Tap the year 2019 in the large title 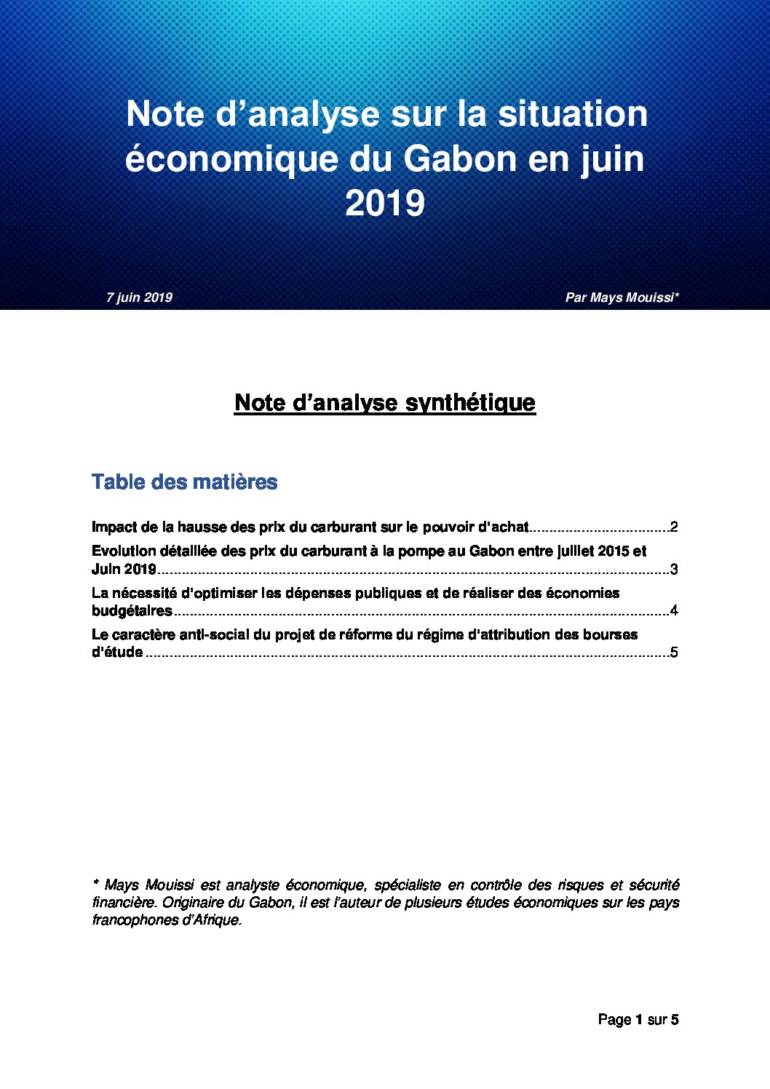click(x=385, y=204)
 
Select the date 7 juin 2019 click(x=139, y=298)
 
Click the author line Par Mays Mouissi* click(x=622, y=298)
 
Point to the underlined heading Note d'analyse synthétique click(x=385, y=403)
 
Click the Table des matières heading click(x=185, y=482)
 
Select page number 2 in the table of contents click(x=674, y=527)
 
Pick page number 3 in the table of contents click(x=674, y=570)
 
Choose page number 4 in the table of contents click(x=674, y=611)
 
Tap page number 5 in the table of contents click(x=674, y=653)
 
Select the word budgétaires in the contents click(x=132, y=611)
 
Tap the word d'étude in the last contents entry click(x=117, y=653)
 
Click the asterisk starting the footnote click(x=95, y=884)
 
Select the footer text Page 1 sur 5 click(x=638, y=1020)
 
